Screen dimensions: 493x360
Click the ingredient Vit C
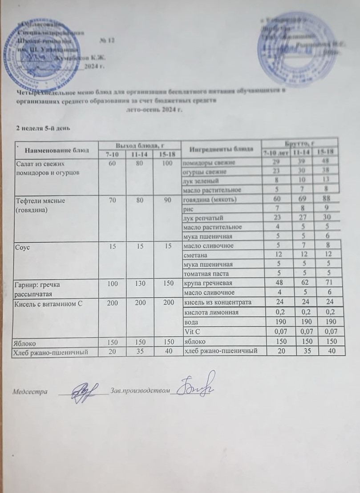click(x=190, y=331)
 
